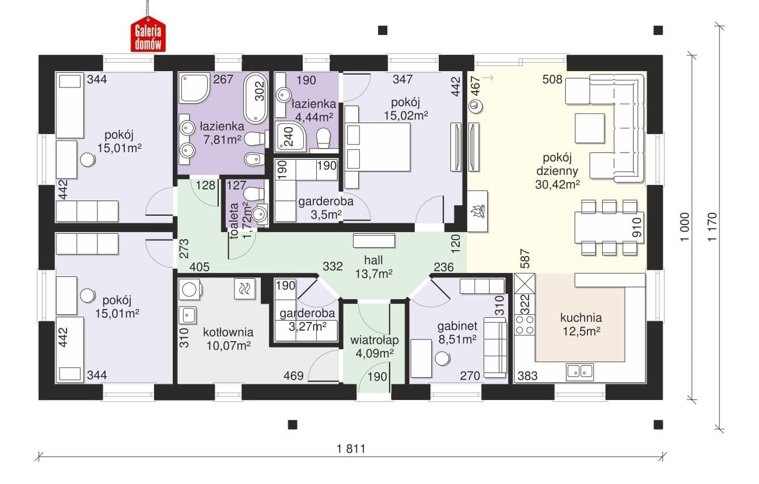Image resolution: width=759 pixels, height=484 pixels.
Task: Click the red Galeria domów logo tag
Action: coord(148,34)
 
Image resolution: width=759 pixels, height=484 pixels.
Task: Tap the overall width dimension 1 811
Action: coord(351,449)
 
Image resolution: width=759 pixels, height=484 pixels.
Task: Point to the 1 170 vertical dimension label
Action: coord(712,227)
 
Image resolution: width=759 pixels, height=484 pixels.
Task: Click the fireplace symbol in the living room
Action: coord(477,211)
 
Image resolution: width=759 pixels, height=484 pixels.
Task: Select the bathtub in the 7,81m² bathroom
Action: coord(256,98)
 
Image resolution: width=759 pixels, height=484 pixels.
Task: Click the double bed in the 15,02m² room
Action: coord(377,147)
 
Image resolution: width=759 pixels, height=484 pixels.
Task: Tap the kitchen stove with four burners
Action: coord(524,324)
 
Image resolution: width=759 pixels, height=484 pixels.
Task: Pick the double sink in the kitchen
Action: coord(580,370)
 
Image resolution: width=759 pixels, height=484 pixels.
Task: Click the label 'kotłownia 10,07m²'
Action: coord(228,339)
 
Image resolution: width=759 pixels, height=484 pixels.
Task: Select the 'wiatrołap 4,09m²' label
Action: coord(375,346)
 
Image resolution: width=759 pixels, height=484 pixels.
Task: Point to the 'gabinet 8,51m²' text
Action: coord(457,332)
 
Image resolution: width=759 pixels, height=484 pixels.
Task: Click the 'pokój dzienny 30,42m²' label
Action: coord(557,171)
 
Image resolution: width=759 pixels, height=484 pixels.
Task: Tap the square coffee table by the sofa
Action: coord(590,128)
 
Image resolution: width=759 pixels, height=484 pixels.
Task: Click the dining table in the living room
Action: coord(609,227)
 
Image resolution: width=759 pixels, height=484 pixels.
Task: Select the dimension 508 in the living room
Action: coord(552,79)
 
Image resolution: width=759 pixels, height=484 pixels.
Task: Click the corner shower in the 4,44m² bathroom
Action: coord(291,136)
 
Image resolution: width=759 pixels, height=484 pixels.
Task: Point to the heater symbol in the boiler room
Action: coord(244,289)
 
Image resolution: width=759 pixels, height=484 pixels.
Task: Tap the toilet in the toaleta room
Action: coord(254,194)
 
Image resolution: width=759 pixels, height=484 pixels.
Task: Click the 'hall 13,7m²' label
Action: coord(373,267)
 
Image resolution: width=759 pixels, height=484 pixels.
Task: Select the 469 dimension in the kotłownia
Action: coord(293,376)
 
